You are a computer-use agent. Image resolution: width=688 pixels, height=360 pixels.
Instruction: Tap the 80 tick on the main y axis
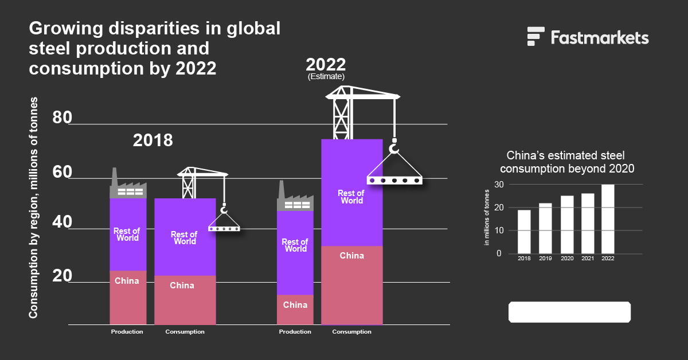click(x=61, y=118)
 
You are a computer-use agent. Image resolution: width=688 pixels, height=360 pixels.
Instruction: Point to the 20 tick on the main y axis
click(x=61, y=276)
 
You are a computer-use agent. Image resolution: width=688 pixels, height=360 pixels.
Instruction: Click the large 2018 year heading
click(x=153, y=140)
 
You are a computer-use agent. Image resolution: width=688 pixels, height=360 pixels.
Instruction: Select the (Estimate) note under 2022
click(x=326, y=76)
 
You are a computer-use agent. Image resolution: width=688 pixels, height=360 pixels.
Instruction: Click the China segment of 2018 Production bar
click(x=128, y=298)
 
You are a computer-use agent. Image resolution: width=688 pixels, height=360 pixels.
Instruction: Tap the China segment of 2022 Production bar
click(x=295, y=310)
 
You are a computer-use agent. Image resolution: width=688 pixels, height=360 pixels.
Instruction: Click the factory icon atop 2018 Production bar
click(x=128, y=187)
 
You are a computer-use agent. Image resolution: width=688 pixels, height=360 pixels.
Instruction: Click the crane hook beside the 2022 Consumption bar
click(x=393, y=147)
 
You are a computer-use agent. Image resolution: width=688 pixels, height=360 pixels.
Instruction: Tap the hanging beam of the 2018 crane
click(x=224, y=228)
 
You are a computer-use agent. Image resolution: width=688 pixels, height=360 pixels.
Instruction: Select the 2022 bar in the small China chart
click(x=607, y=219)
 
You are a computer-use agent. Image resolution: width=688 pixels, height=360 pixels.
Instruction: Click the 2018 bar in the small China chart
click(x=524, y=232)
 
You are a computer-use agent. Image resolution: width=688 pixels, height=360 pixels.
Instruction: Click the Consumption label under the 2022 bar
click(x=351, y=332)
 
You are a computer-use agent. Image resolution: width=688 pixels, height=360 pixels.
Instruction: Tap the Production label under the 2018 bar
click(x=127, y=332)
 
